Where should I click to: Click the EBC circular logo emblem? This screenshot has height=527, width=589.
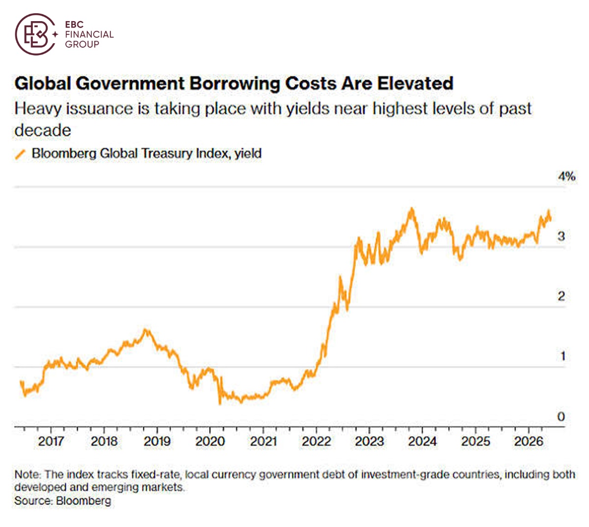tap(35, 34)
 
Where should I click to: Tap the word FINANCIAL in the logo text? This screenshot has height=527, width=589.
tap(89, 34)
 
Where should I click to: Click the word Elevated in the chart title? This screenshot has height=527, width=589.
tap(415, 83)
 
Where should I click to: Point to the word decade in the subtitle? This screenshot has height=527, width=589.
tap(43, 130)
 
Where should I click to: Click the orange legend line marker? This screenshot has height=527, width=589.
tap(20, 154)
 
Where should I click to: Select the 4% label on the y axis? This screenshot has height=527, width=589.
tap(566, 176)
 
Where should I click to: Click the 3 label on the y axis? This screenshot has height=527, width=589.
tap(561, 236)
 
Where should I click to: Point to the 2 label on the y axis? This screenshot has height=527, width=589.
tap(561, 296)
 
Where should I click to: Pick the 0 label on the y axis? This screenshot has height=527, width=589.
tap(561, 417)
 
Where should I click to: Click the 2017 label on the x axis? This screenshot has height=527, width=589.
tap(51, 441)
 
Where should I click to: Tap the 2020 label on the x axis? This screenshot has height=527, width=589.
tap(210, 441)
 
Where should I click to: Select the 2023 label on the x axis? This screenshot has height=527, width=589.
tap(369, 441)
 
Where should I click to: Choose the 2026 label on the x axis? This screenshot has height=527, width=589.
tap(529, 441)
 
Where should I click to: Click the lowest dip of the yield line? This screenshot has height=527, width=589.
tap(220, 404)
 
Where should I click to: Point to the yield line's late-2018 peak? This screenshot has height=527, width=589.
tap(146, 329)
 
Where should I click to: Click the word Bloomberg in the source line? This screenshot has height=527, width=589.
tap(83, 501)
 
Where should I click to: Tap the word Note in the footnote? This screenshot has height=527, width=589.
tap(27, 474)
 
